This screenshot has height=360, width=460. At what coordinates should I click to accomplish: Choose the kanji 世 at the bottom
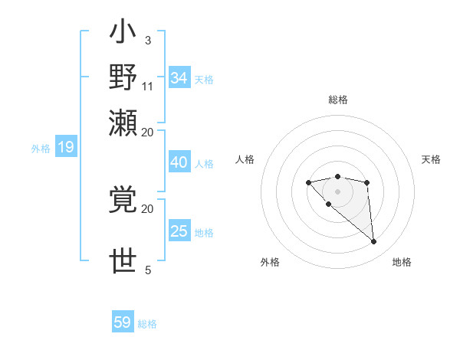tap(123, 261)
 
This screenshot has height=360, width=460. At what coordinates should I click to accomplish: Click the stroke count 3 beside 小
tap(147, 40)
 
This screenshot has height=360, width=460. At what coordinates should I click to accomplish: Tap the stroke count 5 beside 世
tap(148, 270)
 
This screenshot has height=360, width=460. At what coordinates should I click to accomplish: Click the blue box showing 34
tap(179, 77)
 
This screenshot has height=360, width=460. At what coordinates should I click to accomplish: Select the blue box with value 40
tap(179, 162)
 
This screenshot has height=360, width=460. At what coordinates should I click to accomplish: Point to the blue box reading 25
tap(179, 231)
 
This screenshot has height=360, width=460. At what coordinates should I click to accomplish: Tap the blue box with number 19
tap(65, 148)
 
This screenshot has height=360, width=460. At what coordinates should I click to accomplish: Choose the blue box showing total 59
tap(123, 322)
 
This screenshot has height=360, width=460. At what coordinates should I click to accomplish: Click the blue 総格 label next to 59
tap(147, 324)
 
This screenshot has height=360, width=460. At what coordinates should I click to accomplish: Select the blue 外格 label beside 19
tap(41, 149)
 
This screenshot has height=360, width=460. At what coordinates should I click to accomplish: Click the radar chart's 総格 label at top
tap(337, 100)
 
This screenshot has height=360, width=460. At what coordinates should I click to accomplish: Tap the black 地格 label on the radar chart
tap(402, 262)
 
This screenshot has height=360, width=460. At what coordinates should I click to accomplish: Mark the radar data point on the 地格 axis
tap(374, 242)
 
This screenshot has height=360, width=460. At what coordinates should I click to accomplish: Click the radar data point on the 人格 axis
tap(308, 182)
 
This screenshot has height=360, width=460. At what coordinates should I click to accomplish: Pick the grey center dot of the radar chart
tap(337, 191)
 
